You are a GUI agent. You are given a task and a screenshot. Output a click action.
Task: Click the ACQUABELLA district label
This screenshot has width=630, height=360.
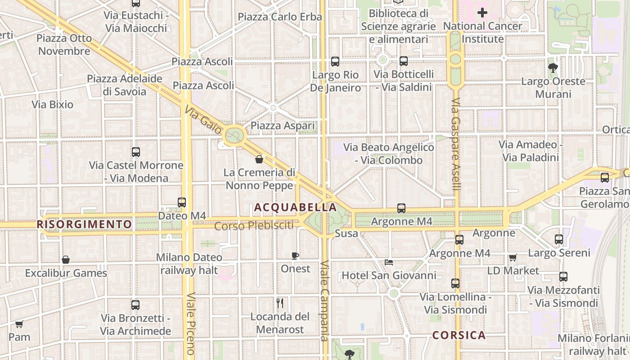(295, 207)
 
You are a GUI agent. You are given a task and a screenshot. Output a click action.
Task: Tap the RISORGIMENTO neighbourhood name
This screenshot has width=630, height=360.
(85, 224)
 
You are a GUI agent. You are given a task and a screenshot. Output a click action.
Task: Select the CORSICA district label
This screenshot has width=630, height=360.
(459, 335)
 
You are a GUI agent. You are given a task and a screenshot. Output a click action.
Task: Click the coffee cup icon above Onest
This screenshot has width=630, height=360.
(295, 256)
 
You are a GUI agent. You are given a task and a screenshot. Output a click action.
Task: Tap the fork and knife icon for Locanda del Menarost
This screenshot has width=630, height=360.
(280, 303)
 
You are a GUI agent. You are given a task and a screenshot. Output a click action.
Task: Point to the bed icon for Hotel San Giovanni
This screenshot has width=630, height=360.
(389, 262)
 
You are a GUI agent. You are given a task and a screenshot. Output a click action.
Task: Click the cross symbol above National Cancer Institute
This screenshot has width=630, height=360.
(482, 13)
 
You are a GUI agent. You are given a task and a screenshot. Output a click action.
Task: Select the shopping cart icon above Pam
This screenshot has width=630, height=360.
(19, 324)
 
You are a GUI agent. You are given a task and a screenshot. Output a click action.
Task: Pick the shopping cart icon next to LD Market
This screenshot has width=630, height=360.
(513, 257)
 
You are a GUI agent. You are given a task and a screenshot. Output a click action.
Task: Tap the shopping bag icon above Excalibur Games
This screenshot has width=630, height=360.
(66, 260)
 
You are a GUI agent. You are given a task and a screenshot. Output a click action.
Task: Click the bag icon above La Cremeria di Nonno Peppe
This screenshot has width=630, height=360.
(259, 159)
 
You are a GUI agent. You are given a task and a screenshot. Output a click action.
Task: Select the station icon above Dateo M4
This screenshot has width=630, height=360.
(182, 202)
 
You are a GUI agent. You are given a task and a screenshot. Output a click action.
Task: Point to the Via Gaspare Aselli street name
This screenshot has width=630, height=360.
(456, 144)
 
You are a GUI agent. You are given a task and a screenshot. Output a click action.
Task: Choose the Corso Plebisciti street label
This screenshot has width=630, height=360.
(254, 226)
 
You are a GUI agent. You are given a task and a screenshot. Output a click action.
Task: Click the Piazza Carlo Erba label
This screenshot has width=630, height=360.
(280, 17)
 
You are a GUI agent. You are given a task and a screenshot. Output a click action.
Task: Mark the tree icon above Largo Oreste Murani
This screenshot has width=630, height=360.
(553, 68)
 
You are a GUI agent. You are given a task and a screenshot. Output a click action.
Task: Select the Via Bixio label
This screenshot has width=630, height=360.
(53, 105)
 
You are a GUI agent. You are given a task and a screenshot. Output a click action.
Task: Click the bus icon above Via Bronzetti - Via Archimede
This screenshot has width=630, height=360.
(135, 305)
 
